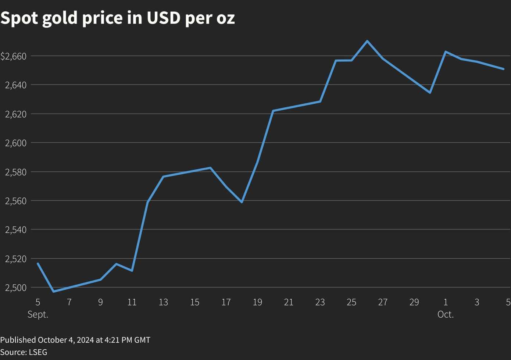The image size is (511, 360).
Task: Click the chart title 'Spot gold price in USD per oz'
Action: [x=118, y=18]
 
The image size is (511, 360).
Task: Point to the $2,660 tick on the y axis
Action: [x=14, y=56]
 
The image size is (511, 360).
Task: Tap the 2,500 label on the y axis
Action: [x=16, y=288]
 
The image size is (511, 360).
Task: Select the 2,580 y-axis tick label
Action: [x=16, y=172]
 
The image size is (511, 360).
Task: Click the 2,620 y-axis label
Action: [x=16, y=114]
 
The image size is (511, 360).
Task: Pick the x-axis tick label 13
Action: [x=163, y=302]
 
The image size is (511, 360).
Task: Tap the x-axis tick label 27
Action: [x=383, y=302]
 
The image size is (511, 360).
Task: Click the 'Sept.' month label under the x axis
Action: [x=38, y=315]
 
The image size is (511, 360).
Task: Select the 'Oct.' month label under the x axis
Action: [x=446, y=315]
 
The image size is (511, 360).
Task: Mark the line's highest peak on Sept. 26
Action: [x=367, y=41]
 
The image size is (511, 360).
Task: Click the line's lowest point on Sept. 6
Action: [x=54, y=292]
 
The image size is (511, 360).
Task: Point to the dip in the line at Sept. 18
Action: [x=242, y=202]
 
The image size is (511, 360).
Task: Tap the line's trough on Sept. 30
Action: [x=430, y=93]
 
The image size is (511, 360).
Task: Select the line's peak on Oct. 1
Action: [x=446, y=51]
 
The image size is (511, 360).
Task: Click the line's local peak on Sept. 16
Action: [x=210, y=168]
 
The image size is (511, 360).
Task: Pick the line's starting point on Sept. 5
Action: [x=38, y=263]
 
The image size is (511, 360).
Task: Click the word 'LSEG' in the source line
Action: [x=38, y=352]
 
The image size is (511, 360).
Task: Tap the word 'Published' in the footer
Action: [x=18, y=340]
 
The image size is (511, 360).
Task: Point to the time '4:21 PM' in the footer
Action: [x=118, y=340]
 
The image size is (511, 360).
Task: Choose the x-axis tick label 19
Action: [x=257, y=302]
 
